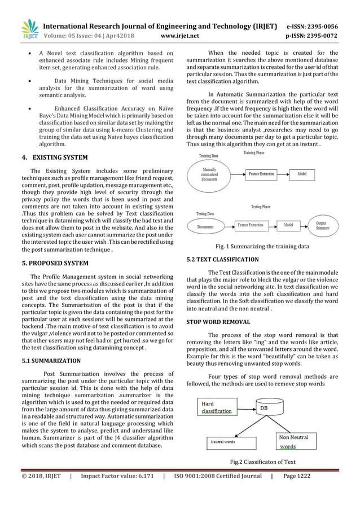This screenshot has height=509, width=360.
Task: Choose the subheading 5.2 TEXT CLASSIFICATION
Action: (222, 260)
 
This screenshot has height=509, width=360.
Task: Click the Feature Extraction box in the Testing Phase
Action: (251, 225)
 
